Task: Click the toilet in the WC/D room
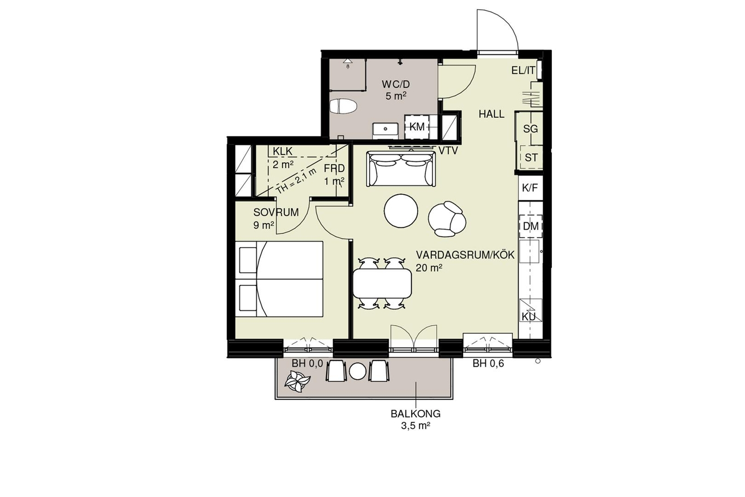pos(343,106)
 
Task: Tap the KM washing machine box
pos(417,127)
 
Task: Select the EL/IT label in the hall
pos(524,70)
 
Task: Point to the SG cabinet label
pos(531,129)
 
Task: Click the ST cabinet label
pos(531,157)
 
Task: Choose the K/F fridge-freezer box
pos(530,188)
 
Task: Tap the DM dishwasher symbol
pos(531,226)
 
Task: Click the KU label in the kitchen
pos(529,317)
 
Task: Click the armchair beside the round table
pos(447,219)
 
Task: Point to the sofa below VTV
pos(401,169)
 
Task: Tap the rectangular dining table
pos(382,283)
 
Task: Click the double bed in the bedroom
pos(279,279)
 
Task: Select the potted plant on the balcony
pos(297,381)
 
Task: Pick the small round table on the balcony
pos(358,371)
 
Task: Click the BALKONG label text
pos(416,414)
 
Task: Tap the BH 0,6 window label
pos(488,363)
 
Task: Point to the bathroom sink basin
pos(386,128)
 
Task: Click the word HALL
pos(491,114)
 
